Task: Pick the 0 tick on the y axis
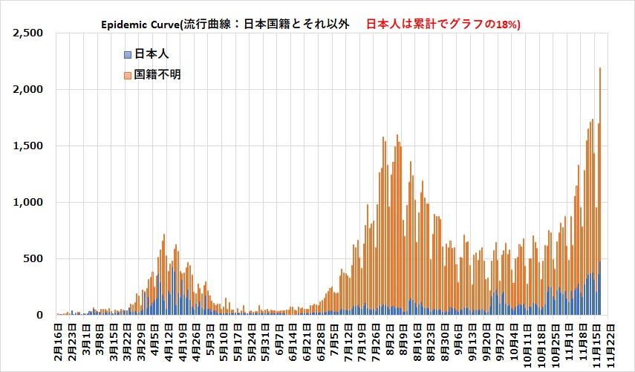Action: click(x=42, y=316)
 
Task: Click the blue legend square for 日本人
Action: click(x=128, y=55)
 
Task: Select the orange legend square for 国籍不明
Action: click(x=128, y=75)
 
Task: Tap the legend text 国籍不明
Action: click(x=158, y=75)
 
